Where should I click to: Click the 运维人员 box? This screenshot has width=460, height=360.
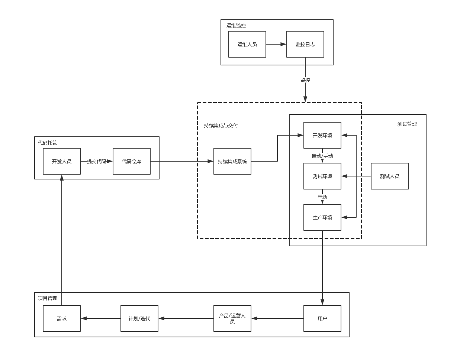tap(247, 44)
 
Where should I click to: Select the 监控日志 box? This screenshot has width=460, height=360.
tap(305, 44)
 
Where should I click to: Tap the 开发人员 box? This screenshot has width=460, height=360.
tap(62, 161)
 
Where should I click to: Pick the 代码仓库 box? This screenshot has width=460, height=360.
tap(132, 161)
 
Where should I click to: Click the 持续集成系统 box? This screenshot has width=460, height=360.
tap(232, 161)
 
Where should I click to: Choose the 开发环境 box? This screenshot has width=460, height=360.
tap(322, 135)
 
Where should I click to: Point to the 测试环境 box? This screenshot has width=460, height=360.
tap(322, 176)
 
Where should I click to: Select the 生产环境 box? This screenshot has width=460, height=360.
tap(322, 217)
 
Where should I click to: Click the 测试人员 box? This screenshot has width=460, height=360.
tap(390, 176)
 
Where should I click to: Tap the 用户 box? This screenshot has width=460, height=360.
tap(322, 318)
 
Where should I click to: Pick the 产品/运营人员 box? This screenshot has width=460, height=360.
tap(232, 318)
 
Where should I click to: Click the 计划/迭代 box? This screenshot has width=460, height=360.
tap(139, 318)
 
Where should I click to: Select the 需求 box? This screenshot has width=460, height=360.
tap(62, 318)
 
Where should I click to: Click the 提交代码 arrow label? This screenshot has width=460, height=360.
tap(97, 161)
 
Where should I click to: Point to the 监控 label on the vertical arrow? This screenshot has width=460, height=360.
tap(305, 80)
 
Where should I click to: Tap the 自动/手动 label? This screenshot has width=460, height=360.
tap(322, 156)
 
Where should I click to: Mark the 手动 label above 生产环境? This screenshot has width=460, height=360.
tap(322, 197)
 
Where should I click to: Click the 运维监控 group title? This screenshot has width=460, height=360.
tap(236, 26)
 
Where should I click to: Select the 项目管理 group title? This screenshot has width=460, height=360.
tap(48, 298)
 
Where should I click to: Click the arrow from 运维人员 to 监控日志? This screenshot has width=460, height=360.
tap(276, 44)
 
